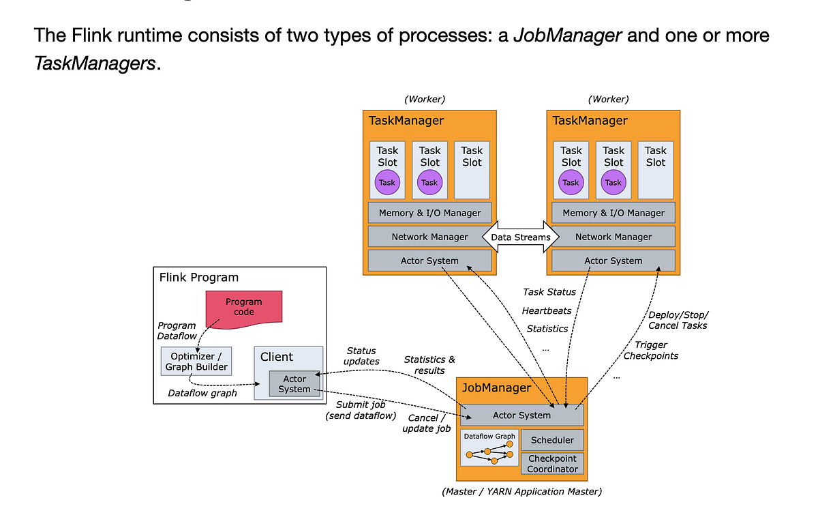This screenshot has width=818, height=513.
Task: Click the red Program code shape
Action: click(x=243, y=306)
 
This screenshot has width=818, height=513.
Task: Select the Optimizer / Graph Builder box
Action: click(x=196, y=361)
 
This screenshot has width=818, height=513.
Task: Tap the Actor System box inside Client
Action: click(x=294, y=383)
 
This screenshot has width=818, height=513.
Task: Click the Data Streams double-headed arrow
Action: click(x=521, y=237)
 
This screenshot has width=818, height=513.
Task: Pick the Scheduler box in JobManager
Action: click(x=552, y=440)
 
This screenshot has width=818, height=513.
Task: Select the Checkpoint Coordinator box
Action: click(x=552, y=463)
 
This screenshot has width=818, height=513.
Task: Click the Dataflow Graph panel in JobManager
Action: click(x=489, y=448)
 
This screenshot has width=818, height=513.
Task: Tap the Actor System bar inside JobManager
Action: click(x=521, y=415)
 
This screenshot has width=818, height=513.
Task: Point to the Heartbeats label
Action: click(x=546, y=310)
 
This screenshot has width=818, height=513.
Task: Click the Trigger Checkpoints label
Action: click(x=651, y=350)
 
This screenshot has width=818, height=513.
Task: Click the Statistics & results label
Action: click(x=429, y=364)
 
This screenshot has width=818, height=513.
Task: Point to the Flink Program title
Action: click(x=198, y=277)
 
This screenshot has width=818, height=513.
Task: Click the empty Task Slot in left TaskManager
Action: click(x=472, y=170)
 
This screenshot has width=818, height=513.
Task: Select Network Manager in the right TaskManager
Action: click(x=613, y=237)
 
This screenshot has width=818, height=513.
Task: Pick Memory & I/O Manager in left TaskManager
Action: click(x=429, y=213)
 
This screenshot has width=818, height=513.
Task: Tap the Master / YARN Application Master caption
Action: click(x=521, y=491)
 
